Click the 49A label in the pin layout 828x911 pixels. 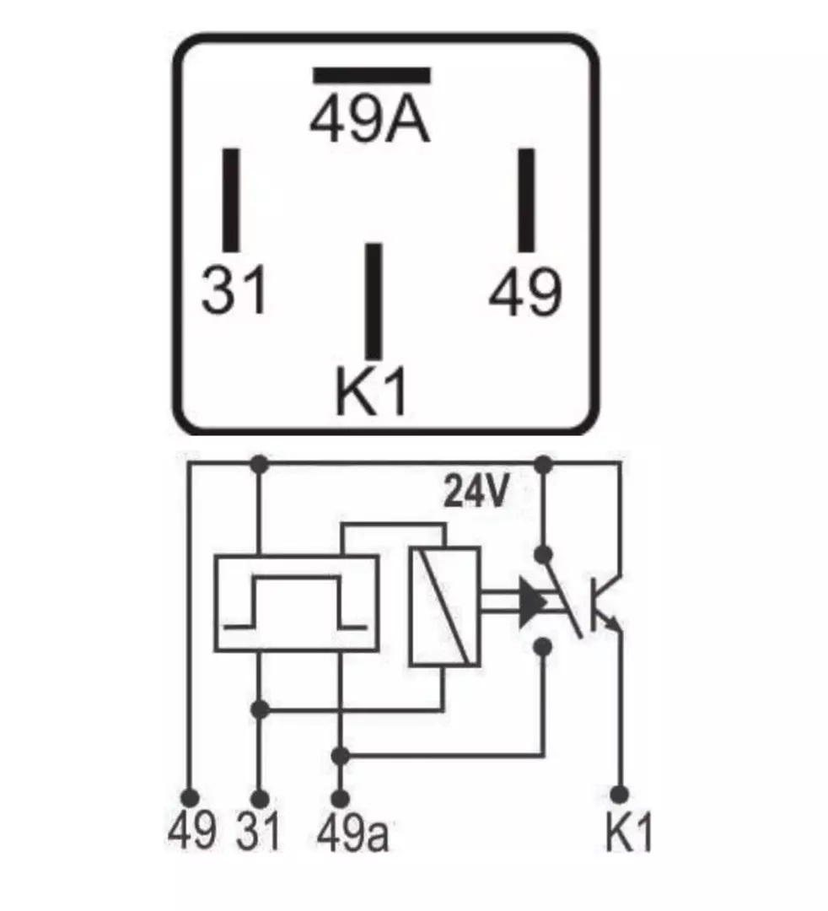370,121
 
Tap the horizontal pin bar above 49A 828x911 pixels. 372,76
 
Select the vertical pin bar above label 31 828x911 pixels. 231,200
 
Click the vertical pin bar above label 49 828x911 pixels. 526,200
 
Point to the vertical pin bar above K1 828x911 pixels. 374,301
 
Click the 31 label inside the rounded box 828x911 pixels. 234,288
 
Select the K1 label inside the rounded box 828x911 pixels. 371,391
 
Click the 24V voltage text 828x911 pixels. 476,491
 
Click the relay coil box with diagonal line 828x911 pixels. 444,606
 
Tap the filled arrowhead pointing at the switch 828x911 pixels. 532,602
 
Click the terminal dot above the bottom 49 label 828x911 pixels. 190,796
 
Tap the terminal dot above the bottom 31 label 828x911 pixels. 261,798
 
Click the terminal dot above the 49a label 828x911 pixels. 341,798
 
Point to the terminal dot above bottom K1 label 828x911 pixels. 620,794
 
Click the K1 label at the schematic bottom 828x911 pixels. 629,832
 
